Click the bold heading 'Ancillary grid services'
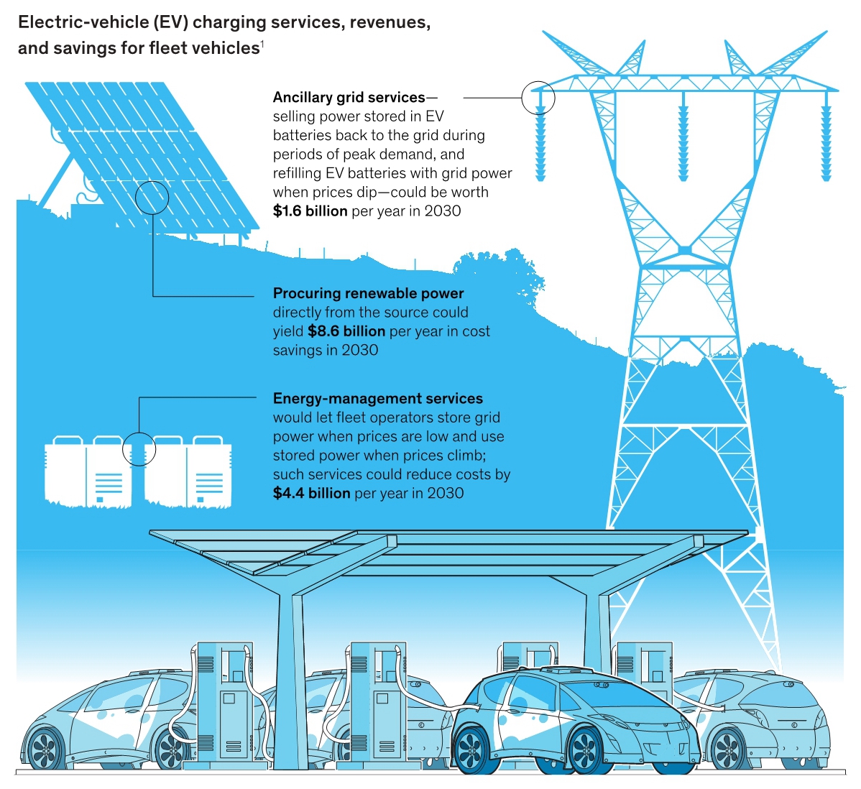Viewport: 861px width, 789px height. [x=349, y=97]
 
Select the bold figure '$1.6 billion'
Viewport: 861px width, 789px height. [x=310, y=211]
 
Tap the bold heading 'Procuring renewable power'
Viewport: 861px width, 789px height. [x=368, y=293]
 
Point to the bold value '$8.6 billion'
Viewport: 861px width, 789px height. [x=346, y=331]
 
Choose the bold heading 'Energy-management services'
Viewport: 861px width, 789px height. [x=377, y=399]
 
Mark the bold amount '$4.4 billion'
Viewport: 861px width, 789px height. [x=311, y=494]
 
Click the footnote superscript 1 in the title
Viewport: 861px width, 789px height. [x=262, y=45]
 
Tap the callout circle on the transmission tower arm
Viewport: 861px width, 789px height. [x=538, y=98]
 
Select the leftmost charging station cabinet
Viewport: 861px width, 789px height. [x=225, y=704]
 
